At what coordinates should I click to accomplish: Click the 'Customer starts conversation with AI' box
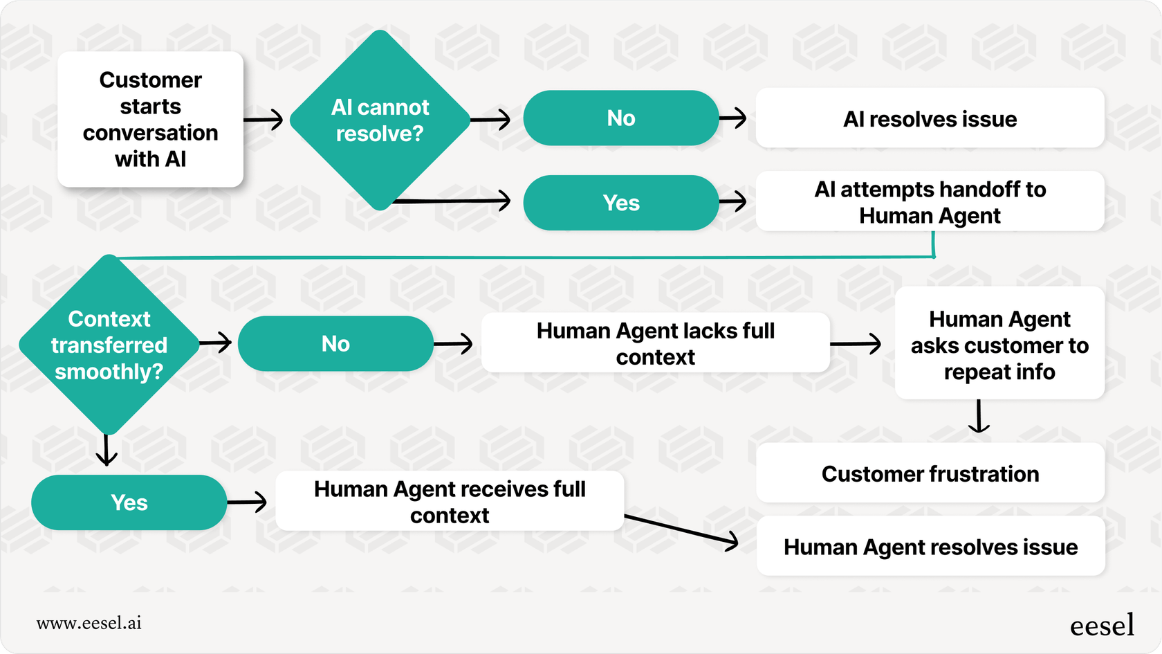click(x=150, y=119)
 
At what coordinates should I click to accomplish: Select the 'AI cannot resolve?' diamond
click(x=380, y=120)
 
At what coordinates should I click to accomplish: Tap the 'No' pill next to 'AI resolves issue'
click(x=620, y=118)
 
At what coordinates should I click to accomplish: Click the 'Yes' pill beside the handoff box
click(x=620, y=203)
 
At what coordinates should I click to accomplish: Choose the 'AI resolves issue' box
click(x=929, y=118)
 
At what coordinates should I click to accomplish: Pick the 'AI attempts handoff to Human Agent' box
click(x=929, y=202)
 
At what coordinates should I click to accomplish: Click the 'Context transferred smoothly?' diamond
click(x=109, y=345)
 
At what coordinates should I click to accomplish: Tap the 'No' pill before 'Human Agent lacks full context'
click(x=335, y=344)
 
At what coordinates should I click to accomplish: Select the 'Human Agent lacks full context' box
click(x=655, y=343)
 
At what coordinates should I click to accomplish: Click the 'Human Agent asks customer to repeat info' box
click(x=999, y=345)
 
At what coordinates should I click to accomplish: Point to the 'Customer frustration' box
click(x=930, y=473)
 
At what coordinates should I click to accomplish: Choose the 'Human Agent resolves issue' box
click(x=930, y=547)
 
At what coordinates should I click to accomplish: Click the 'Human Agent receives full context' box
click(x=450, y=502)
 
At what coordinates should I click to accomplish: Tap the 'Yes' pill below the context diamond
click(x=129, y=502)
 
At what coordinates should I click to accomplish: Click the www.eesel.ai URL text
click(x=89, y=623)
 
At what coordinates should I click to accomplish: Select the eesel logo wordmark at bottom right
click(x=1102, y=625)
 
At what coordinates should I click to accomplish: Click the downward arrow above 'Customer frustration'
click(x=979, y=417)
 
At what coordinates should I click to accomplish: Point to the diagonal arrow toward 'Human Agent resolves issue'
click(x=681, y=530)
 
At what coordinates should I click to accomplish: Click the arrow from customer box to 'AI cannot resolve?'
click(x=264, y=119)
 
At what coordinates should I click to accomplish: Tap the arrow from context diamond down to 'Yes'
click(x=107, y=451)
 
